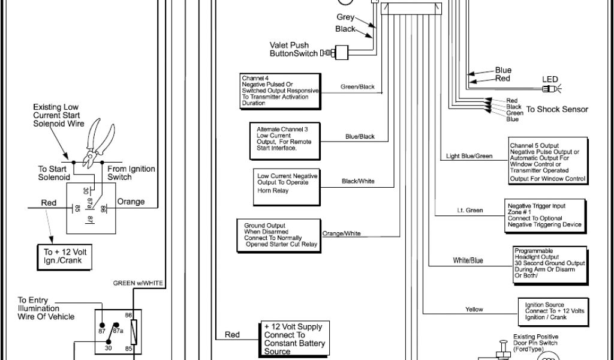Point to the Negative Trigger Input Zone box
pyautogui.click(x=544, y=215)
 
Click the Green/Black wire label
pyautogui.click(x=357, y=87)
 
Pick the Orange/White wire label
pyautogui.click(x=342, y=233)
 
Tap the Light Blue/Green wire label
pyautogui.click(x=469, y=157)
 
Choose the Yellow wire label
pyautogui.click(x=474, y=310)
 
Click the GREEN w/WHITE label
pyautogui.click(x=138, y=283)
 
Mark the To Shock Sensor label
pyautogui.click(x=557, y=110)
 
